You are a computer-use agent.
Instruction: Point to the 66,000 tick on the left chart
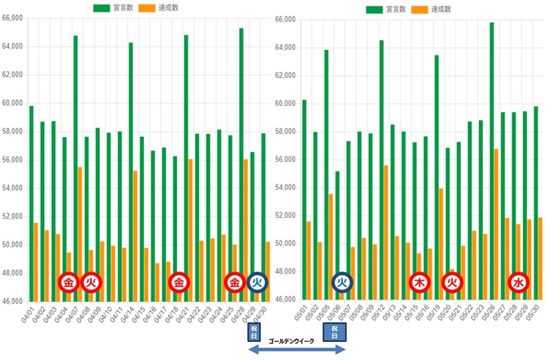click(x=13, y=18)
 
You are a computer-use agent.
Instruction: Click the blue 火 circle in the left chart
click(x=258, y=283)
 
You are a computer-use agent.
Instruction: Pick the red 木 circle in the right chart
click(x=419, y=282)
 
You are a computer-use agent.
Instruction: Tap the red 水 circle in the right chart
click(x=518, y=282)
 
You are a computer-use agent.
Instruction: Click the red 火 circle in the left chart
click(x=90, y=283)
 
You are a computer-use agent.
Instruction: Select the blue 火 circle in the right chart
click(x=341, y=282)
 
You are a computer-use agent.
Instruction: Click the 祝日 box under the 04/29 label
click(x=254, y=332)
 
